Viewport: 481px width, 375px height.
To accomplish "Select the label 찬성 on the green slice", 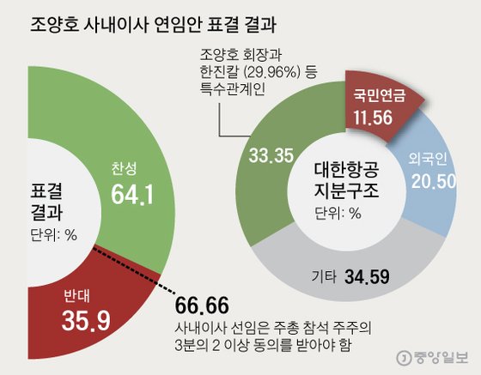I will [x=125, y=168].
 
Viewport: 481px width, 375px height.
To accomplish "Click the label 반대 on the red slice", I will [x=76, y=297].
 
